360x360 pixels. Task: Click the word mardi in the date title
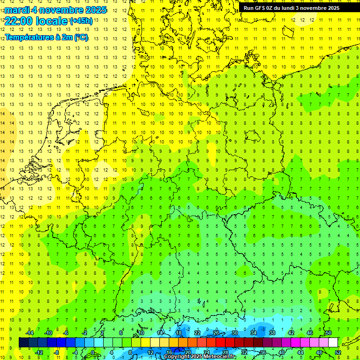17,10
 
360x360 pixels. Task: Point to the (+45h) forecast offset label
81,21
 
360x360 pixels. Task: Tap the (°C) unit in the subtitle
81,37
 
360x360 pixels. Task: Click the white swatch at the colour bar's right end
333,343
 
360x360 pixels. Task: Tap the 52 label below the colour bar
337,352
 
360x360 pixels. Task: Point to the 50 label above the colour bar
328,333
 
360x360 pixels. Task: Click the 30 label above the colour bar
234,333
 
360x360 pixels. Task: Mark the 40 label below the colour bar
281,352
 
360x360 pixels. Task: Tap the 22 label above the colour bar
197,333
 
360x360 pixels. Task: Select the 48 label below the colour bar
319,352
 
